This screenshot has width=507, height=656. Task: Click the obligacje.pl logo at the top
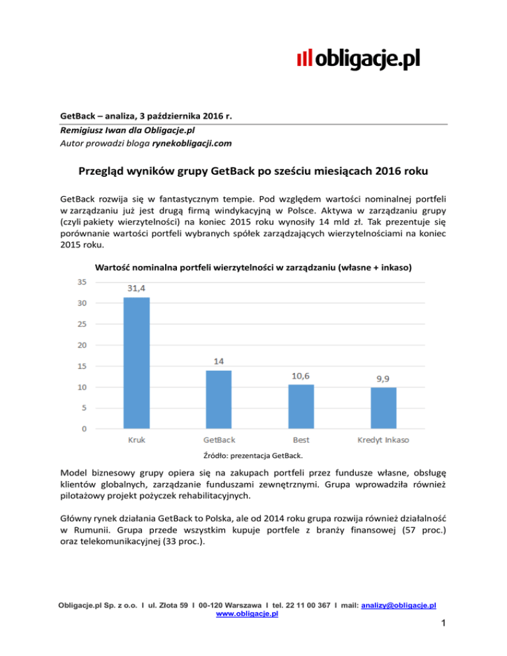pyautogui.click(x=358, y=60)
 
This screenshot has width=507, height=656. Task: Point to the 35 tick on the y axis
pyautogui.click(x=82, y=282)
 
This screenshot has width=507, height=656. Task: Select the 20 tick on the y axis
pyautogui.click(x=82, y=345)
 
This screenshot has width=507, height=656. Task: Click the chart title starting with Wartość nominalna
pyautogui.click(x=253, y=267)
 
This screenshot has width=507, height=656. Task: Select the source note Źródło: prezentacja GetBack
pyautogui.click(x=252, y=454)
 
